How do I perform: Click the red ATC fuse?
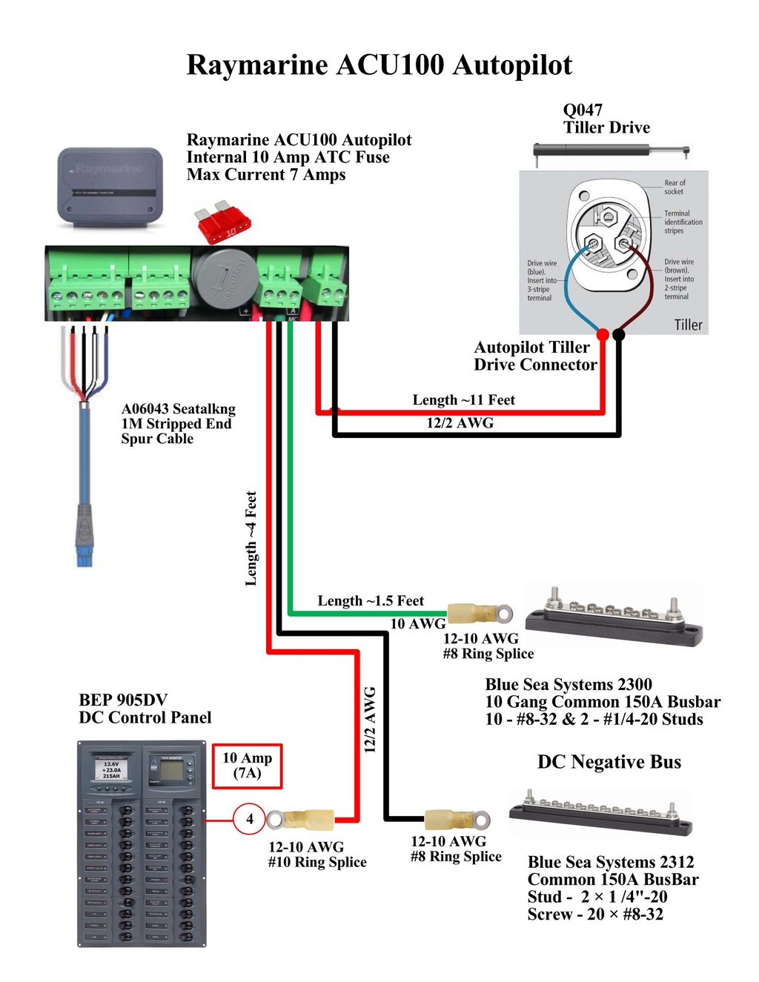pos(222,224)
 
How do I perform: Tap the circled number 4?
pos(249,819)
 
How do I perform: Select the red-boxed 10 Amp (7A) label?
pos(248,766)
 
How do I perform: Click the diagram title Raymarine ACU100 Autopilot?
pos(379,65)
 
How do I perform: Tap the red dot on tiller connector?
pos(603,335)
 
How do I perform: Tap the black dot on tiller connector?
pos(619,335)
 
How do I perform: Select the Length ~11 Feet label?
pos(463,400)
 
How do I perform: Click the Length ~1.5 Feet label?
pos(371,601)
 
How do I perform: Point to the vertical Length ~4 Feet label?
pos(251,538)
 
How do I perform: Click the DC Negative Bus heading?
pos(609,762)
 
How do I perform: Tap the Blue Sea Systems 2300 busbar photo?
pos(614,617)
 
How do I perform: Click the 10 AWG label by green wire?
pos(418,624)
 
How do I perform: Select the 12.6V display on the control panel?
pos(111,769)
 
